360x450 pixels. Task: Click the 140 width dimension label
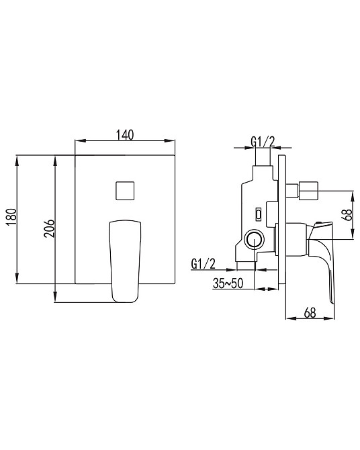(x=125, y=134)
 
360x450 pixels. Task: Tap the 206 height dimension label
(x=49, y=228)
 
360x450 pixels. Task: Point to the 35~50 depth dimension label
(x=228, y=283)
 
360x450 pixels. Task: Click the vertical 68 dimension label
(x=347, y=214)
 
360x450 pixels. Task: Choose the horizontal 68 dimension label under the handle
(x=310, y=312)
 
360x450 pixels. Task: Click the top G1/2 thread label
(x=263, y=142)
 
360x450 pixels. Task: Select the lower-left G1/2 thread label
(x=204, y=264)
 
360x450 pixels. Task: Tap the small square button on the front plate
(x=125, y=191)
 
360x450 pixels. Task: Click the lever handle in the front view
(x=125, y=261)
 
